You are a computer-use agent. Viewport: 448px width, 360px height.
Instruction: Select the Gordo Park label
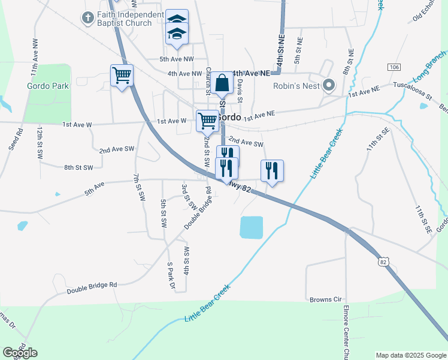click(x=48, y=86)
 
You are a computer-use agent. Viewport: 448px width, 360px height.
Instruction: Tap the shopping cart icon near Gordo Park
click(x=122, y=76)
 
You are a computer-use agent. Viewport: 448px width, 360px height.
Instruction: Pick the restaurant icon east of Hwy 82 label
click(x=272, y=171)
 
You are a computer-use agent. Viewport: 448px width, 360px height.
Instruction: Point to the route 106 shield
click(x=393, y=67)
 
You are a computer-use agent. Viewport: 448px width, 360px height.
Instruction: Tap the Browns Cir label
click(x=325, y=299)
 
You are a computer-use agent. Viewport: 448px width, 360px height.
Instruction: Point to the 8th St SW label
click(x=79, y=168)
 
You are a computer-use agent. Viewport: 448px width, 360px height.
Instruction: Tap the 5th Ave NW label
click(x=177, y=59)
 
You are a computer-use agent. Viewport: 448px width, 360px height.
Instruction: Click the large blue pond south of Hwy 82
click(x=252, y=227)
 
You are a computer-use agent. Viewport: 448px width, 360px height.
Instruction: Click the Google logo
click(x=20, y=353)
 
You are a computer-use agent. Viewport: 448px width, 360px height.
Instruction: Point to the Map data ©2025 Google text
click(x=410, y=355)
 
